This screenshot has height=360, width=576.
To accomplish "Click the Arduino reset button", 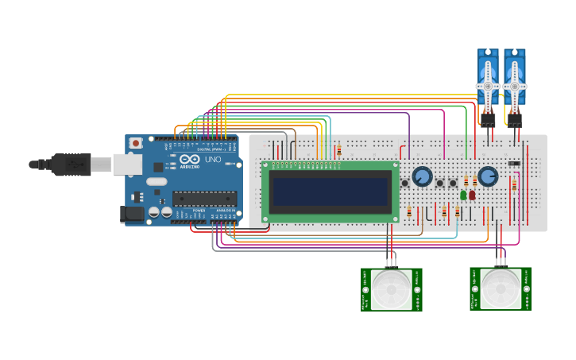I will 136,143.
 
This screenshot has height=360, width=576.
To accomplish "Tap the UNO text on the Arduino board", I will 213,159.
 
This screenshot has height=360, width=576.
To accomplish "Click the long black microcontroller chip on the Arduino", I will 204,199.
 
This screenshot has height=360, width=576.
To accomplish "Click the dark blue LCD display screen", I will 330,191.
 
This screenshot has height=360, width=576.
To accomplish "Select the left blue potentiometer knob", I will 422,176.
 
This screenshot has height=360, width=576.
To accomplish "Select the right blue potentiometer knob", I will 488,176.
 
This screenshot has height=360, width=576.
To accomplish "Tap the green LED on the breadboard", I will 463,195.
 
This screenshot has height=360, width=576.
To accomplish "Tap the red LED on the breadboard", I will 472,195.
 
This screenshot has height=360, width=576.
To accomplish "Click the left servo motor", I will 487,79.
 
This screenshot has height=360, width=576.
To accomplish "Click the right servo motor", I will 514,79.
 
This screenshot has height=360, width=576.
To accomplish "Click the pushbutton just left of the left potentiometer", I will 404,183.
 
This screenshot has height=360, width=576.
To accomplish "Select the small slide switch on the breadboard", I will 514,164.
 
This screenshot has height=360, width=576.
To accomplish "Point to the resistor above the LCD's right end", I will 339,150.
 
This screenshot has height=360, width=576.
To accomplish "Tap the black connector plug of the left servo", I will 487,119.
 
